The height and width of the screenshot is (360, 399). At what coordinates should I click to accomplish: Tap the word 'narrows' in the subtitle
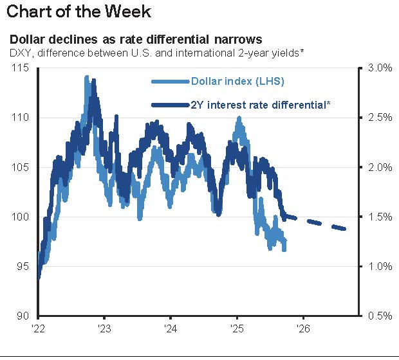tap(239, 39)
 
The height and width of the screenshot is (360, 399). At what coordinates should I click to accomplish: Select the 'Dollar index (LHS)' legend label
tap(237, 81)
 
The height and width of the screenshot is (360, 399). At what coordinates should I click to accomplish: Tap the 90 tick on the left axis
tap(23, 316)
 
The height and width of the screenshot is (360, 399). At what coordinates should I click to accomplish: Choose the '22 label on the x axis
tap(38, 327)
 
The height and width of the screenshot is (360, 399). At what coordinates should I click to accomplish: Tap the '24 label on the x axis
tap(170, 327)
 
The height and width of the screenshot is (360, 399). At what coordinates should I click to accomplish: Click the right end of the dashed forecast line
tap(346, 229)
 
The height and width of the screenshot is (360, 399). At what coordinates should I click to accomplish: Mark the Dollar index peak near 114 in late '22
tap(87, 77)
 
